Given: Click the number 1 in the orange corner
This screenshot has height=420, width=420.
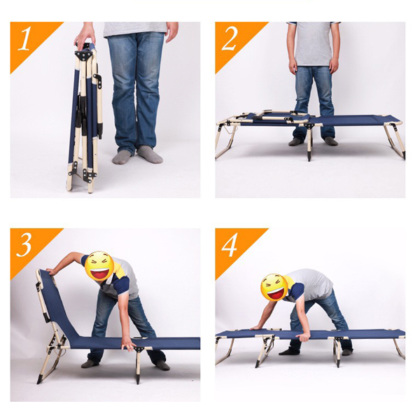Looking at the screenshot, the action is [24, 38].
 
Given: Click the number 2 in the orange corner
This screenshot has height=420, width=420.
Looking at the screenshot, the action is [230, 38].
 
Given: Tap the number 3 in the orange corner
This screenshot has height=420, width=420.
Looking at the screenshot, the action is [24, 245].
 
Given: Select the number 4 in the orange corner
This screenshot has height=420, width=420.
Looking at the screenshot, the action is [230, 245].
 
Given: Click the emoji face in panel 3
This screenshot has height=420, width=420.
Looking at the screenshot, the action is [99, 266].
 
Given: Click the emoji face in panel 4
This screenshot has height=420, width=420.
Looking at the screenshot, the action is [274, 287].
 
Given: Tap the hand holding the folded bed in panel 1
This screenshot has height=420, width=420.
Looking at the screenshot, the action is [85, 35].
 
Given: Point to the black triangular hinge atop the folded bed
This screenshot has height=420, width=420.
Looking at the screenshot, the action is [84, 55].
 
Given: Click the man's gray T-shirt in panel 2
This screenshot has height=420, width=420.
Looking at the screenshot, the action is [314, 43].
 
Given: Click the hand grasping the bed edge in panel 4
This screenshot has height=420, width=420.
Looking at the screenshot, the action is [303, 337].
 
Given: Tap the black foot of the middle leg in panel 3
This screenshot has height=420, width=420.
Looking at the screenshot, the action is [138, 379].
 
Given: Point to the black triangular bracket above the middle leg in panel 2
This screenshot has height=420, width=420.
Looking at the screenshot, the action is [309, 126].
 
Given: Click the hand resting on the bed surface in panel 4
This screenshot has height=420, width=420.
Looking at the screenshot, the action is [258, 328].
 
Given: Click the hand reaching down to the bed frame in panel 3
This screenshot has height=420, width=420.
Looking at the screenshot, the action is [128, 345].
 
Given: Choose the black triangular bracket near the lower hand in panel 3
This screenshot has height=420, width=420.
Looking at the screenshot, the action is [139, 349].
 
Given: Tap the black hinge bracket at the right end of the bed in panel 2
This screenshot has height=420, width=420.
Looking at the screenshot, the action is [393, 127].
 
